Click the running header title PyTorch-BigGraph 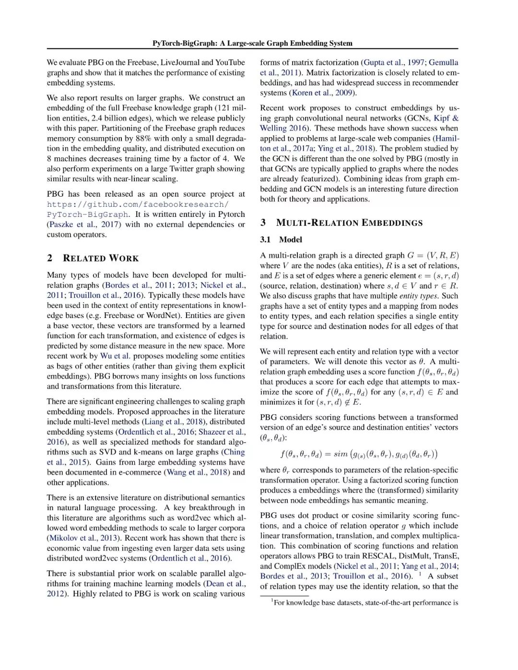point(252,43)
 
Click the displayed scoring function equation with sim point(359,454)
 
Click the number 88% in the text point(143,139)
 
